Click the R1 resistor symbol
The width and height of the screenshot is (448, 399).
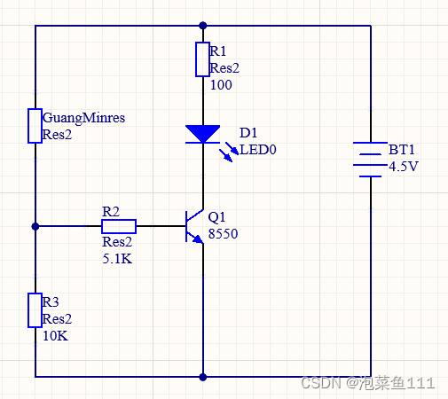[x=202, y=59]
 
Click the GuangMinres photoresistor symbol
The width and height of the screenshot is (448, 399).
[x=35, y=125]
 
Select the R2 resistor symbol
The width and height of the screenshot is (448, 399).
[x=118, y=226]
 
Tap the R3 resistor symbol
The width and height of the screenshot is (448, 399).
[x=35, y=309]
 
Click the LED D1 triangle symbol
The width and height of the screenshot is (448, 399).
[x=203, y=134]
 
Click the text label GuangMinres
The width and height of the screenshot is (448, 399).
[x=83, y=118]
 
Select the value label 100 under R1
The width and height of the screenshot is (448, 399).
[x=221, y=86]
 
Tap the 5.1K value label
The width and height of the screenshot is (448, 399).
[x=118, y=258]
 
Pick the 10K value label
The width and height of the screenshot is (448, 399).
[x=55, y=336]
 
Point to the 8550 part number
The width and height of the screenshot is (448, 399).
[x=224, y=234]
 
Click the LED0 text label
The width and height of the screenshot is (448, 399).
[x=258, y=150]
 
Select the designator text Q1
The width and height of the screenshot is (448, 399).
[x=217, y=217]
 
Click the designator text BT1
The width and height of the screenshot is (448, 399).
[x=402, y=150]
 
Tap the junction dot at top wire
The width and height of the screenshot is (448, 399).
[x=203, y=26]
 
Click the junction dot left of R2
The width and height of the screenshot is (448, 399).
[x=35, y=226]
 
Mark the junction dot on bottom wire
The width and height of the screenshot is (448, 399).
[x=203, y=376]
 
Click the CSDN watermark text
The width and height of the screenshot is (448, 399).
[x=367, y=382]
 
